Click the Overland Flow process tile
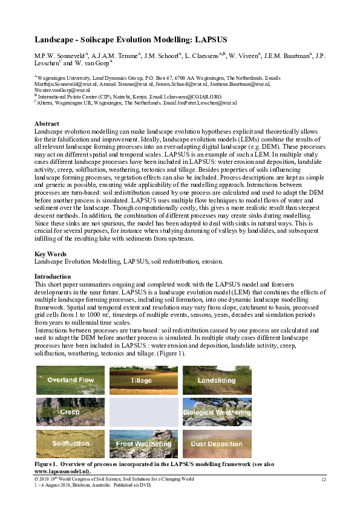point(70,380)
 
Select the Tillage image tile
point(143,380)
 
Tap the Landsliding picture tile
point(217,380)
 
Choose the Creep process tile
point(70,412)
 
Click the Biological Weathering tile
point(217,412)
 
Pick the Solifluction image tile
point(70,444)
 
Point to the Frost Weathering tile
point(143,444)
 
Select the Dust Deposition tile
point(217,444)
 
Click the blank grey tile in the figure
point(143,412)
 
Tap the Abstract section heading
point(47,124)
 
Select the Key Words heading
point(50,254)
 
